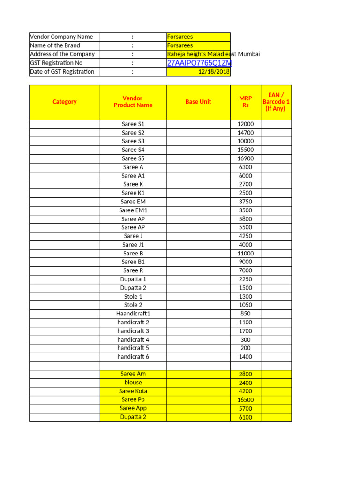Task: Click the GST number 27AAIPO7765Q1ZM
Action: click(x=199, y=63)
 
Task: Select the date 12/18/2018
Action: click(x=214, y=72)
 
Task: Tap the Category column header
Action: click(x=65, y=102)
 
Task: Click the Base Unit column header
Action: click(x=198, y=102)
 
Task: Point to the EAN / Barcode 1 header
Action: click(x=276, y=102)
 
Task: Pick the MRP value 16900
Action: click(x=246, y=158)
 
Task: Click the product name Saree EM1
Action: click(x=133, y=210)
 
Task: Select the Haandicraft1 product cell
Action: click(x=133, y=314)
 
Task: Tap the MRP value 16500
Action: click(x=246, y=400)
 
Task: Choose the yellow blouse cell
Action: click(x=133, y=382)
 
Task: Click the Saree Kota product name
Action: click(x=133, y=391)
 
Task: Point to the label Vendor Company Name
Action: click(x=61, y=37)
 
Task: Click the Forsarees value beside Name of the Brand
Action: click(x=180, y=45)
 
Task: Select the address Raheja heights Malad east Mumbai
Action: click(x=213, y=54)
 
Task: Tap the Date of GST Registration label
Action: click(x=62, y=72)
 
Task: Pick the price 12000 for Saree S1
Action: click(x=246, y=124)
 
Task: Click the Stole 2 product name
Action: click(x=133, y=305)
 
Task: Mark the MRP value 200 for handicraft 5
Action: click(x=246, y=348)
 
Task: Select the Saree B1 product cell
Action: click(x=133, y=262)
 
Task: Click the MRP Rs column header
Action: click(x=246, y=102)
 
